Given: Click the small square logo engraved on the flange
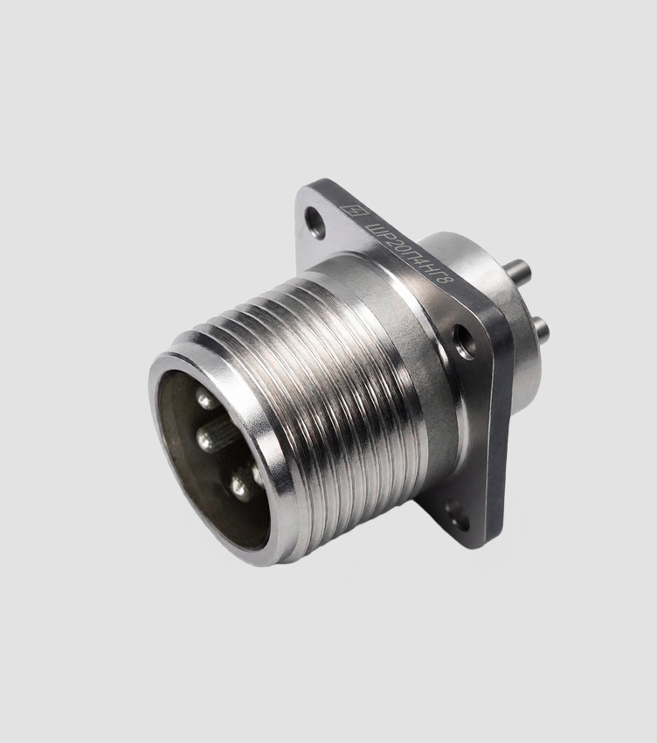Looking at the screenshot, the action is pyautogui.click(x=353, y=211).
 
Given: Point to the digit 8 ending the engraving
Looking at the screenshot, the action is pyautogui.click(x=446, y=280).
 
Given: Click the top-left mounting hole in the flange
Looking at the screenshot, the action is pyautogui.click(x=315, y=222).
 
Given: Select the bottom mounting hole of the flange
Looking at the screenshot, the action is pyautogui.click(x=457, y=516).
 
